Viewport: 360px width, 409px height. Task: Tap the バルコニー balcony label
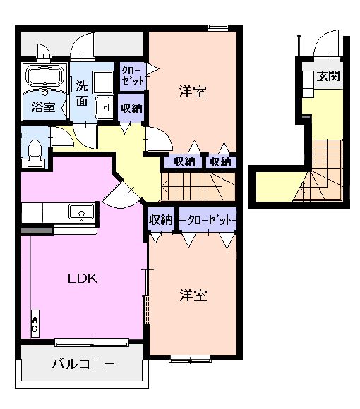83,365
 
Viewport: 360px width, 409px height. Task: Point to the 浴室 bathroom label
42,107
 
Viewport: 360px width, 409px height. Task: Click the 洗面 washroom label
81,94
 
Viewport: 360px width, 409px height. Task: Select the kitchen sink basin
79,212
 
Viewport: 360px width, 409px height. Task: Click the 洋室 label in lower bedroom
192,295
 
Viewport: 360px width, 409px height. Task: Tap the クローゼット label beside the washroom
131,75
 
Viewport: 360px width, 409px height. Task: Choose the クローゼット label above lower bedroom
208,220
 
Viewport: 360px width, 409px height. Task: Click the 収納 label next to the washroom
131,109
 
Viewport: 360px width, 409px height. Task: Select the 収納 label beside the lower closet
161,220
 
